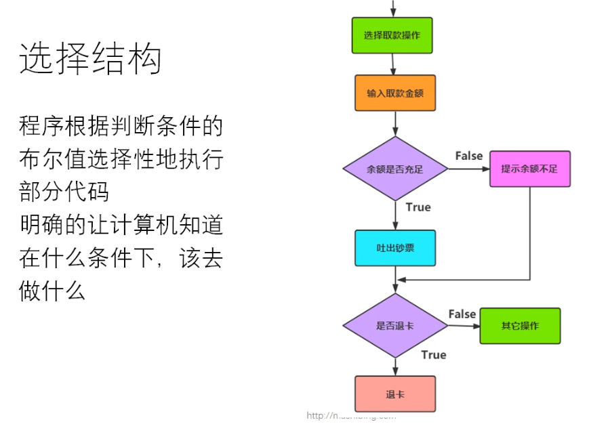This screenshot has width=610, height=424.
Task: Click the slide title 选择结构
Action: coord(90,58)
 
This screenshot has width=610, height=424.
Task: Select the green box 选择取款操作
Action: coord(392,35)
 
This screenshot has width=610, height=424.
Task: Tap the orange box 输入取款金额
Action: coord(394,93)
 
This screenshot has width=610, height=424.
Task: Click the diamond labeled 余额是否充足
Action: coord(394,169)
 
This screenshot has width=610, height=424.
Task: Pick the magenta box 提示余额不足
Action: coord(529,169)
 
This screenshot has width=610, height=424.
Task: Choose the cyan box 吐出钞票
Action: coord(394,248)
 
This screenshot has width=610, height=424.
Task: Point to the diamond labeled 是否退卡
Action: coord(394,326)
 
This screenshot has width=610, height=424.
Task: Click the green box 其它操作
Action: coord(520,326)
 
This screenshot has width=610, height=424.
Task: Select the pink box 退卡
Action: coord(394,394)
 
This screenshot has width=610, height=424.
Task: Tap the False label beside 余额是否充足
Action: coord(468,156)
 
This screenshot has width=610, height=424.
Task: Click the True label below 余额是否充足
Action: coord(418,207)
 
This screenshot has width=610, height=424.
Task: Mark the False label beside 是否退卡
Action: coord(462,314)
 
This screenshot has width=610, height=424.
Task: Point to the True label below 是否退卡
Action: coord(433,355)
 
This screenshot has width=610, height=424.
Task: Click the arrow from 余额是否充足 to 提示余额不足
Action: coord(468,169)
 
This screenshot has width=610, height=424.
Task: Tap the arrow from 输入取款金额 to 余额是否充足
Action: coord(395,123)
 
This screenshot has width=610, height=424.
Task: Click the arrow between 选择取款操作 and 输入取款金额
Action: coord(393,64)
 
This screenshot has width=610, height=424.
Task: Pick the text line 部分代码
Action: coord(64,192)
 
